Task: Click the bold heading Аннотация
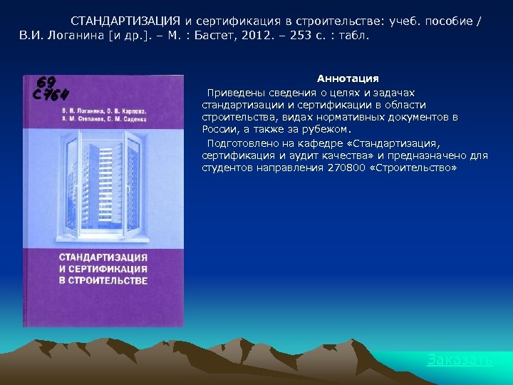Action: [x=348, y=78]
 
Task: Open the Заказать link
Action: [x=459, y=360]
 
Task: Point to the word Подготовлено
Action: [x=239, y=143]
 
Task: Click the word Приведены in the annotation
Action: [x=232, y=93]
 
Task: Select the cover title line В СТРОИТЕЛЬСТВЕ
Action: [x=103, y=280]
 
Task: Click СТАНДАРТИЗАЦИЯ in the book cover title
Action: [x=103, y=257]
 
